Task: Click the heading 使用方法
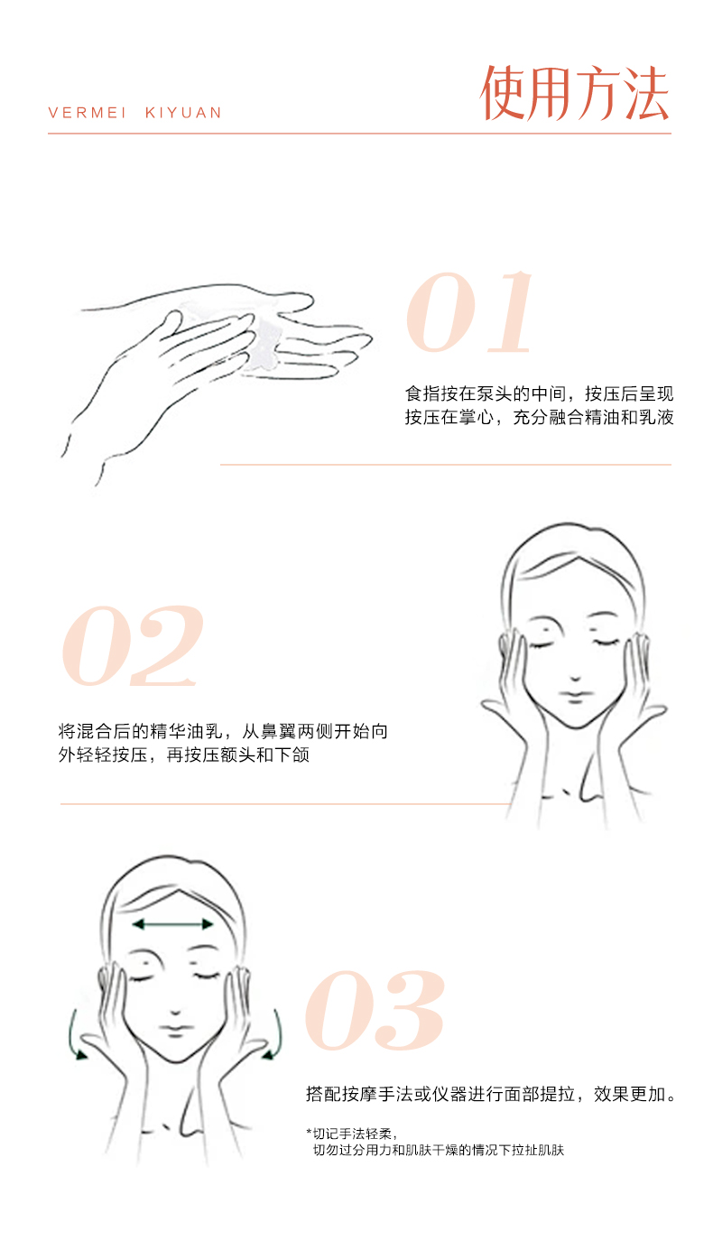574,93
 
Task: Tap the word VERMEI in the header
87,113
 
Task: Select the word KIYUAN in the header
184,113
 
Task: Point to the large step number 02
133,646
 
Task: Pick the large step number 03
375,1011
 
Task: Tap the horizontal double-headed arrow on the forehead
172,924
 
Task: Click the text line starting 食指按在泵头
539,393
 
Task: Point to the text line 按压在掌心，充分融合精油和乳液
539,417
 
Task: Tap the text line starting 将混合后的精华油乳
223,731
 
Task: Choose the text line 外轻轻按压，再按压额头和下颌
184,754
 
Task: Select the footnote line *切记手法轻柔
352,1134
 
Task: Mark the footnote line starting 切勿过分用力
439,1150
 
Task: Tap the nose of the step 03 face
175,1011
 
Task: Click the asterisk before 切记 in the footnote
309,1131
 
